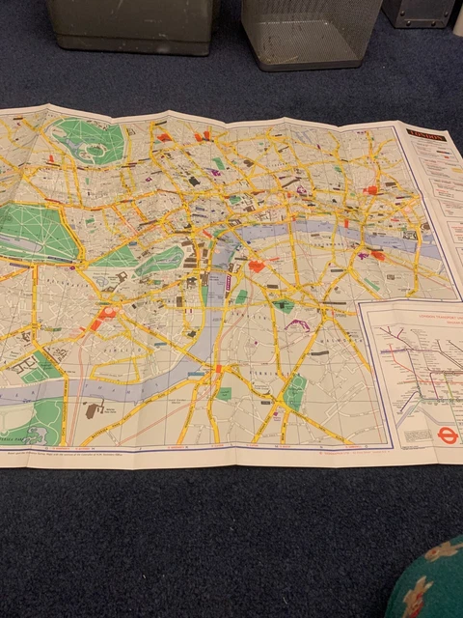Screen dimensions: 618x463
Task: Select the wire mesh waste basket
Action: click(x=305, y=34)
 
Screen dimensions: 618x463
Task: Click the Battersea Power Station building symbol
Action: click(x=94, y=410)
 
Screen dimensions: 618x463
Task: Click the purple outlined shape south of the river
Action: click(x=295, y=324)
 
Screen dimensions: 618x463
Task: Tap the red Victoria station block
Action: click(x=103, y=314)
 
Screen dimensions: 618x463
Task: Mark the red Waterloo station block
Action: click(x=257, y=266)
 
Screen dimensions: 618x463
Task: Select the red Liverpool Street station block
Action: click(x=371, y=190)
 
